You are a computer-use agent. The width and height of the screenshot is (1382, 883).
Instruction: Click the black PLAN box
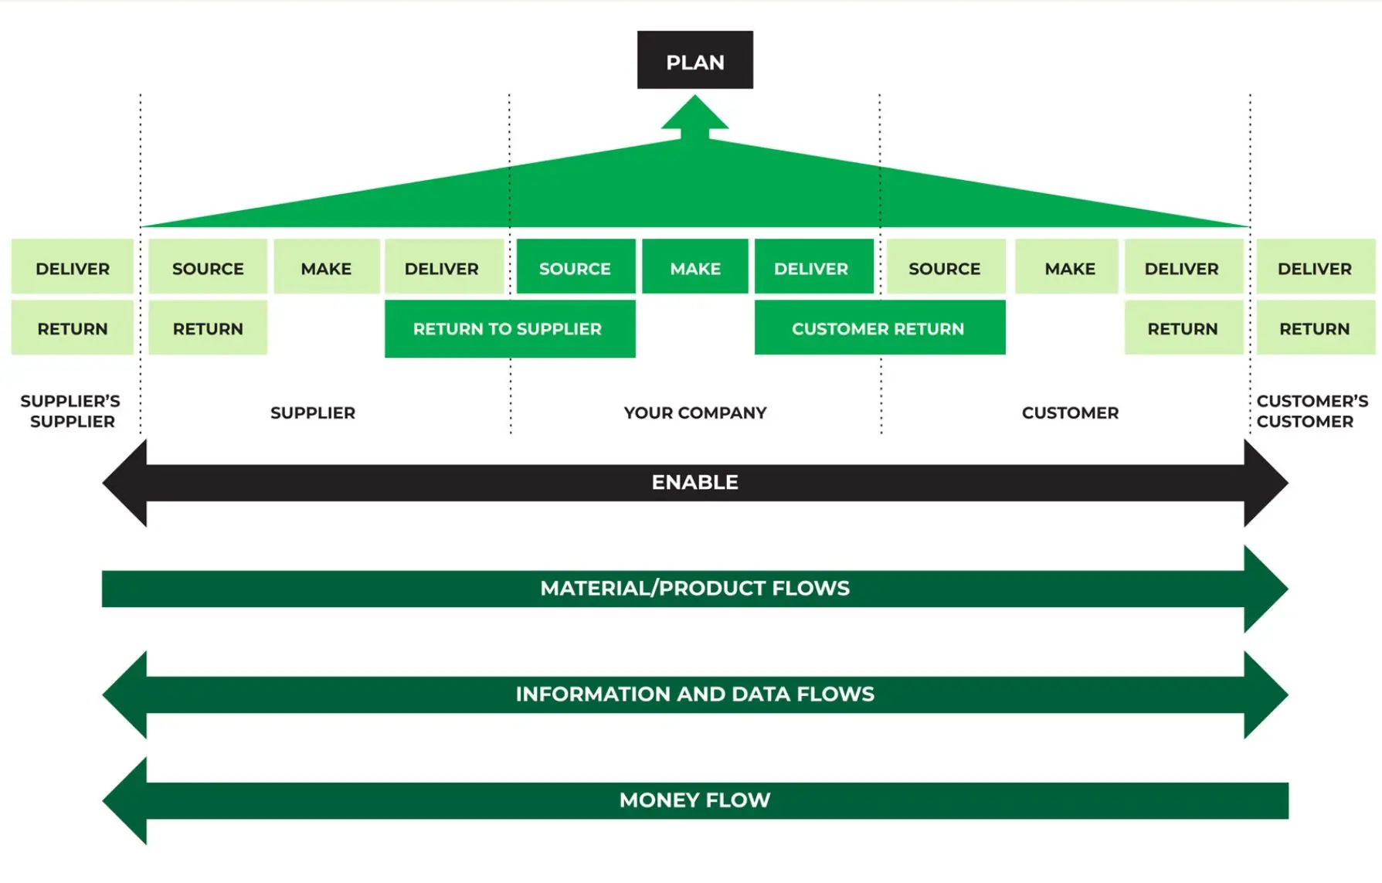tap(694, 60)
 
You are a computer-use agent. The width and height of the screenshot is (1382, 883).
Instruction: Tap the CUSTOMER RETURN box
tap(879, 328)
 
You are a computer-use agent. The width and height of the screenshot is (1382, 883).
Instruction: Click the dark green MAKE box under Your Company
tap(694, 267)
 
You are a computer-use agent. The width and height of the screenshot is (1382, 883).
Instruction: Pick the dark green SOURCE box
tap(576, 267)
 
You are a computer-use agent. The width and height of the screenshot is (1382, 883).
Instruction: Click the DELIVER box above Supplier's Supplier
tap(73, 267)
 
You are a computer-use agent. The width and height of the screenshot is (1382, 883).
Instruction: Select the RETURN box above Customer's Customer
tap(1315, 328)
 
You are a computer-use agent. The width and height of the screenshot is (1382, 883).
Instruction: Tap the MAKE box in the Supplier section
tap(326, 267)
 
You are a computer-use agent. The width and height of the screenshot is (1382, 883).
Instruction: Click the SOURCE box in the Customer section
tap(945, 267)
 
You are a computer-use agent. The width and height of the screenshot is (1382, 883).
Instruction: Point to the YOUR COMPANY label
tap(694, 413)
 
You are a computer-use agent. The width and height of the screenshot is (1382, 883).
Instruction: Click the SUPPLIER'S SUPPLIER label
tap(71, 411)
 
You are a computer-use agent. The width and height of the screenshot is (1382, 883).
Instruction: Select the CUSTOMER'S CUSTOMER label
tap(1311, 411)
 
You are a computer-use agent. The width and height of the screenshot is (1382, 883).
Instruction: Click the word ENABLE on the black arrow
tap(694, 482)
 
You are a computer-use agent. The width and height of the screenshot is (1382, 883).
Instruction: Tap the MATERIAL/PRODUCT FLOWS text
tap(694, 589)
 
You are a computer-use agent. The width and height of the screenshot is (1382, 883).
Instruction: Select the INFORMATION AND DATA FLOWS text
tap(694, 694)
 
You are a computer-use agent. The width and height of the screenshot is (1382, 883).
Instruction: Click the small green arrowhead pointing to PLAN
tap(694, 114)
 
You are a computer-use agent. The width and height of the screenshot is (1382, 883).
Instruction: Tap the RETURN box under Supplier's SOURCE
tap(208, 328)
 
